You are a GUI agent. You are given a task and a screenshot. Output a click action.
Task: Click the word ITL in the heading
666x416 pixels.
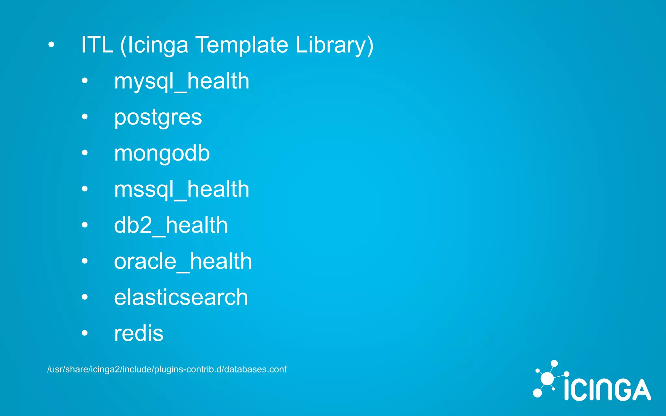tap(97, 45)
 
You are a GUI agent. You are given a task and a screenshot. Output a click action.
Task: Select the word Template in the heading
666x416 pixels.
tap(242, 45)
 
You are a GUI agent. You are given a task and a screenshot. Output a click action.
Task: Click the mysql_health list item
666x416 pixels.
tap(181, 81)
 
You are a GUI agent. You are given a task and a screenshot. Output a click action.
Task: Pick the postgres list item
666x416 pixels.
tap(158, 117)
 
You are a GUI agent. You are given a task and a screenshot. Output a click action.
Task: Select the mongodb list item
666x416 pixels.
tap(162, 153)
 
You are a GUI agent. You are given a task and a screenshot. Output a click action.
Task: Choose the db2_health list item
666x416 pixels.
tap(171, 225)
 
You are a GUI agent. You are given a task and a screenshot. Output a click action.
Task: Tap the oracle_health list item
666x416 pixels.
tap(183, 261)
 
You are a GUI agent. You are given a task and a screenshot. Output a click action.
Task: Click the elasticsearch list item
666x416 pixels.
tap(181, 297)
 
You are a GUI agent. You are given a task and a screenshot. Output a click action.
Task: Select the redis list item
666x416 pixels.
tap(139, 333)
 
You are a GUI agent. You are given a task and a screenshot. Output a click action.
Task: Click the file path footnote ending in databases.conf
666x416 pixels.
tap(167, 370)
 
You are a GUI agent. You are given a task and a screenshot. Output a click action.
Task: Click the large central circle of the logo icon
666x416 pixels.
tap(547, 379)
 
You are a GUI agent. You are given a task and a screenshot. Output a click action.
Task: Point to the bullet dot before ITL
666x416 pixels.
tap(51, 45)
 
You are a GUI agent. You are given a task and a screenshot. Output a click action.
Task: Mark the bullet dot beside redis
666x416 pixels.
tap(85, 333)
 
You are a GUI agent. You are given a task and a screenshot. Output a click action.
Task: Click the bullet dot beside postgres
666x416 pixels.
tap(85, 117)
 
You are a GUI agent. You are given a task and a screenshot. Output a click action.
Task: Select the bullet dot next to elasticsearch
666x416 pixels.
tap(85, 297)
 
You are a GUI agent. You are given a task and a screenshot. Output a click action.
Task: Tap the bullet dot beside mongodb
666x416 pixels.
tap(85, 153)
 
